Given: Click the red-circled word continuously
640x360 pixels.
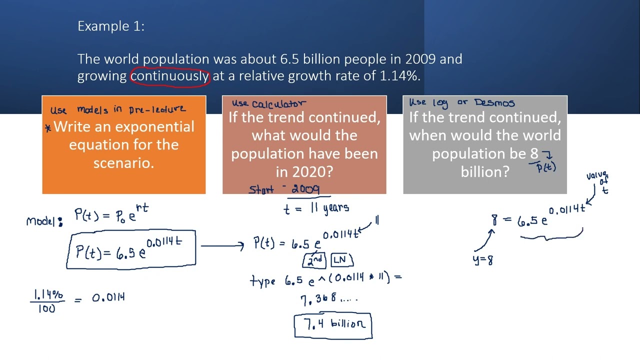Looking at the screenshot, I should point(169,76).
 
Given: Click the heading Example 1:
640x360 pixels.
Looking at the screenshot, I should point(111,26).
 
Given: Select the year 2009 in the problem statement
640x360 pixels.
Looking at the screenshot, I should point(420,59).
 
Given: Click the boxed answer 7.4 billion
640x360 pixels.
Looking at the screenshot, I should point(333,324).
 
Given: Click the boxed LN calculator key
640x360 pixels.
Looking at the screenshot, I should point(339,260).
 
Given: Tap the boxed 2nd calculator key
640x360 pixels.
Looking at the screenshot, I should point(314,260).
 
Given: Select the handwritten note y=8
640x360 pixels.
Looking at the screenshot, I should point(483,260).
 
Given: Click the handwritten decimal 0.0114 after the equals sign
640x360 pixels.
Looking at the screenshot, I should point(108,298).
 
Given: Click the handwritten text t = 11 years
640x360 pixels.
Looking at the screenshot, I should point(316,208).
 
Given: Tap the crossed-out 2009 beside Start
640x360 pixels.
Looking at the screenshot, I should point(305,189).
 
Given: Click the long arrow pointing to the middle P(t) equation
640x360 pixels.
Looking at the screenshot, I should point(222,245).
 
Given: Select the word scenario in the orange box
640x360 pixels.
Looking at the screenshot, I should point(123,162).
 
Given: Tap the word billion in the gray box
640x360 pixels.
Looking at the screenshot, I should point(484,171).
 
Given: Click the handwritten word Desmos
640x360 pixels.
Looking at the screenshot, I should point(494,102).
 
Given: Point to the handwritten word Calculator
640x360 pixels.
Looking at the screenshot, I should point(278,103).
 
